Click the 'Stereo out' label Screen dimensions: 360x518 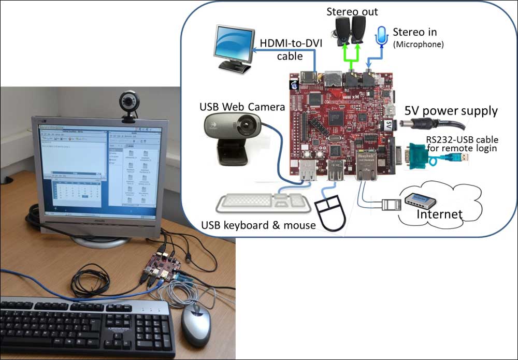[x=352, y=11]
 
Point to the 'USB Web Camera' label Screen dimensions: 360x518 [x=242, y=107]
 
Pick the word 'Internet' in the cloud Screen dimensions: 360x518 [x=440, y=213]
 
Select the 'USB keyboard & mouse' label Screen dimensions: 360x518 [x=257, y=225]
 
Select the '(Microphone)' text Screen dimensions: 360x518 [x=419, y=45]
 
